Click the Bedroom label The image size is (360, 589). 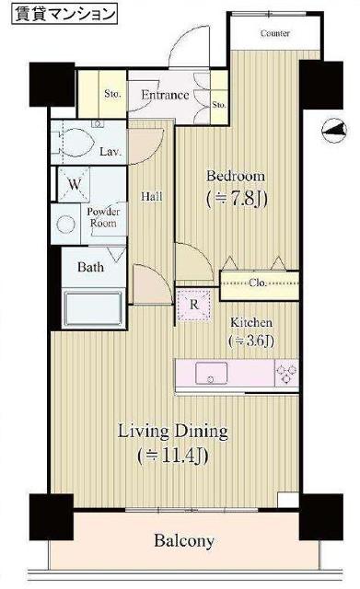236,176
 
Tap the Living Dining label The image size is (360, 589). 173,432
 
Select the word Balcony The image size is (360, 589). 184,541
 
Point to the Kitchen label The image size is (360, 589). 251,322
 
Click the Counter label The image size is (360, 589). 275,33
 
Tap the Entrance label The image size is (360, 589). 165,95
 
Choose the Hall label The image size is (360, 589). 151,196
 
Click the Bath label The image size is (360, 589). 90,267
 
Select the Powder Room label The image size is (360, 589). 103,217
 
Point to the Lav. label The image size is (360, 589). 110,152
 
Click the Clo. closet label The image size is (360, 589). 258,283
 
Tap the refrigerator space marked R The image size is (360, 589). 194,305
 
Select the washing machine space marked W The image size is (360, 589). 74,184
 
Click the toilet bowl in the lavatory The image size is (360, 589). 77,143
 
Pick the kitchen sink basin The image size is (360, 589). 211,373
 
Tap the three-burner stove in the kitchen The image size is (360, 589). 286,373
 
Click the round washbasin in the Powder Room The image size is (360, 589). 65,225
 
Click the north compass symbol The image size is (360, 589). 334,131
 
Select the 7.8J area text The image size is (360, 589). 238,200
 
